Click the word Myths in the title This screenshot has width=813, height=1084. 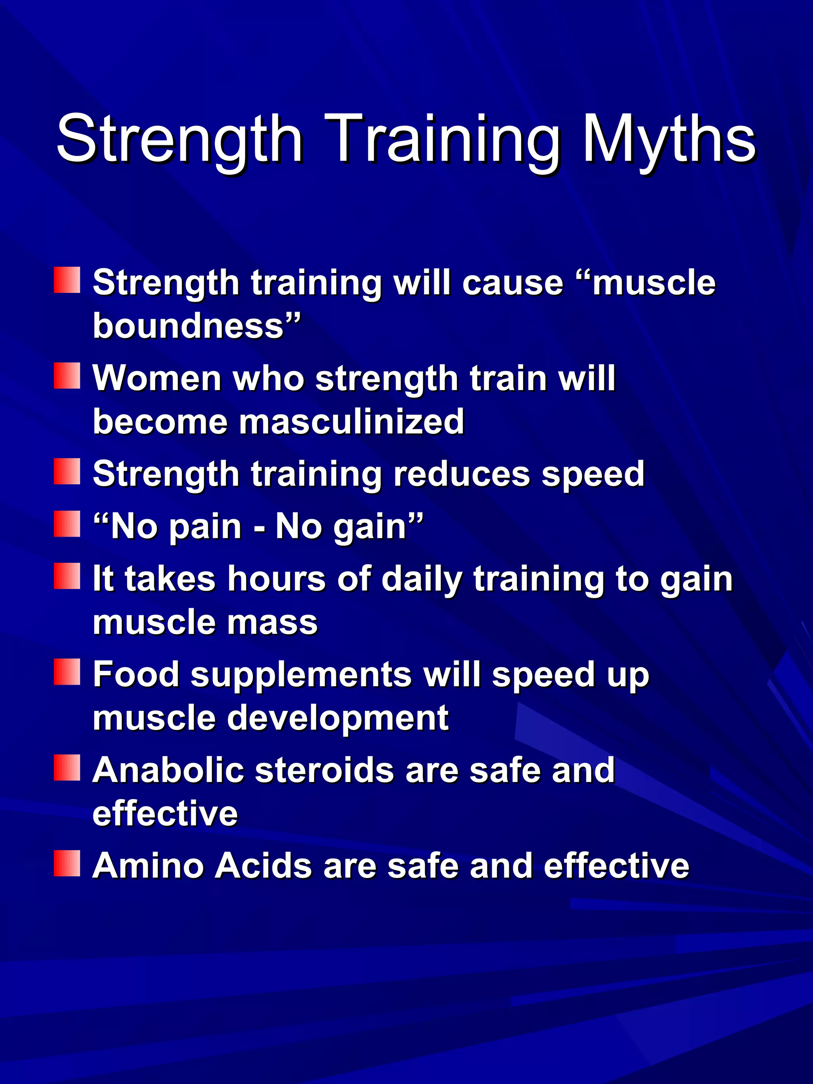coord(669,140)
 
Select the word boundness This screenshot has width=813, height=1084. coord(189,325)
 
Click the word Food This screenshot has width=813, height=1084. coord(136,674)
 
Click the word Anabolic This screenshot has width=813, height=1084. coord(168,770)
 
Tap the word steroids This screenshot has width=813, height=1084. coord(324,770)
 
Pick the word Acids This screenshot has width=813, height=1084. coord(263,865)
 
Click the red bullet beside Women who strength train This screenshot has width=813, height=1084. coord(67,376)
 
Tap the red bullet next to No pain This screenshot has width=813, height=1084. coord(67,524)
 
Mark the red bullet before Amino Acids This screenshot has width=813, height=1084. coord(67,863)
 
